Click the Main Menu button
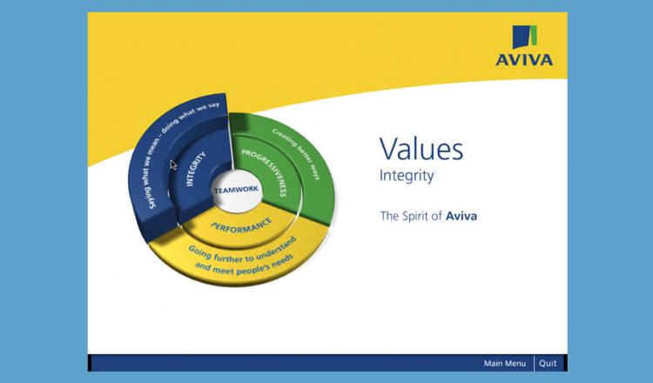pos(505,364)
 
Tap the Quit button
pos(548,364)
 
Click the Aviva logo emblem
pos(525,37)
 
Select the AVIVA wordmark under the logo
pos(524,60)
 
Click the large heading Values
pos(421,149)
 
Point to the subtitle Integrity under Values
pos(407,176)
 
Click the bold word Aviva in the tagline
pos(461,216)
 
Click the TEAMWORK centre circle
pos(236,191)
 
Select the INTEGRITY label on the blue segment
pos(195,169)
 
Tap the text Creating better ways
pos(296,154)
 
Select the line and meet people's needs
pos(244,265)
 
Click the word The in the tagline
pos(389,216)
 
